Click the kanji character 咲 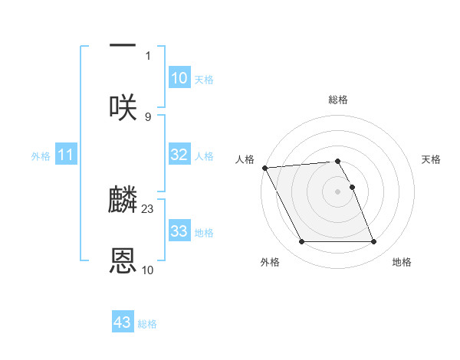[123, 106]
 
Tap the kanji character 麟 [123, 200]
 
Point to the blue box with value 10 [179, 77]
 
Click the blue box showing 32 [179, 155]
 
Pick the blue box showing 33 [179, 231]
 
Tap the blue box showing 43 [123, 322]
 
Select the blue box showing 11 [66, 155]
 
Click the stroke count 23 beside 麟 [148, 208]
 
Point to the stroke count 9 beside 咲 [148, 116]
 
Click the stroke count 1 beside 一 [148, 55]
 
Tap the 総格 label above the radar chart [338, 100]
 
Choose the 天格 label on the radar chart [432, 159]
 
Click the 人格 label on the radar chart [245, 159]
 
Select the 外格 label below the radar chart [270, 263]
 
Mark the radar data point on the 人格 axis [264, 168]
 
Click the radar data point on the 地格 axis [373, 242]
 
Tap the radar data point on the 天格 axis [352, 187]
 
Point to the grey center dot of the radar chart [338, 191]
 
